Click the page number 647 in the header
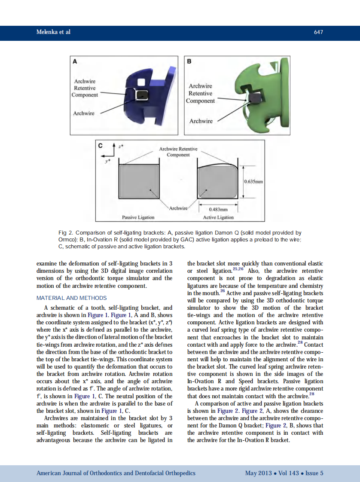318,32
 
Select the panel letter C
100,146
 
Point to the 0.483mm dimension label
218,209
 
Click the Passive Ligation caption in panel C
138,217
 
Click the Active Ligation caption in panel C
218,217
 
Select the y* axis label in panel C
107,160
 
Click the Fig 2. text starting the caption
65,233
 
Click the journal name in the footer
116,473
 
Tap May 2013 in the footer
258,473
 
